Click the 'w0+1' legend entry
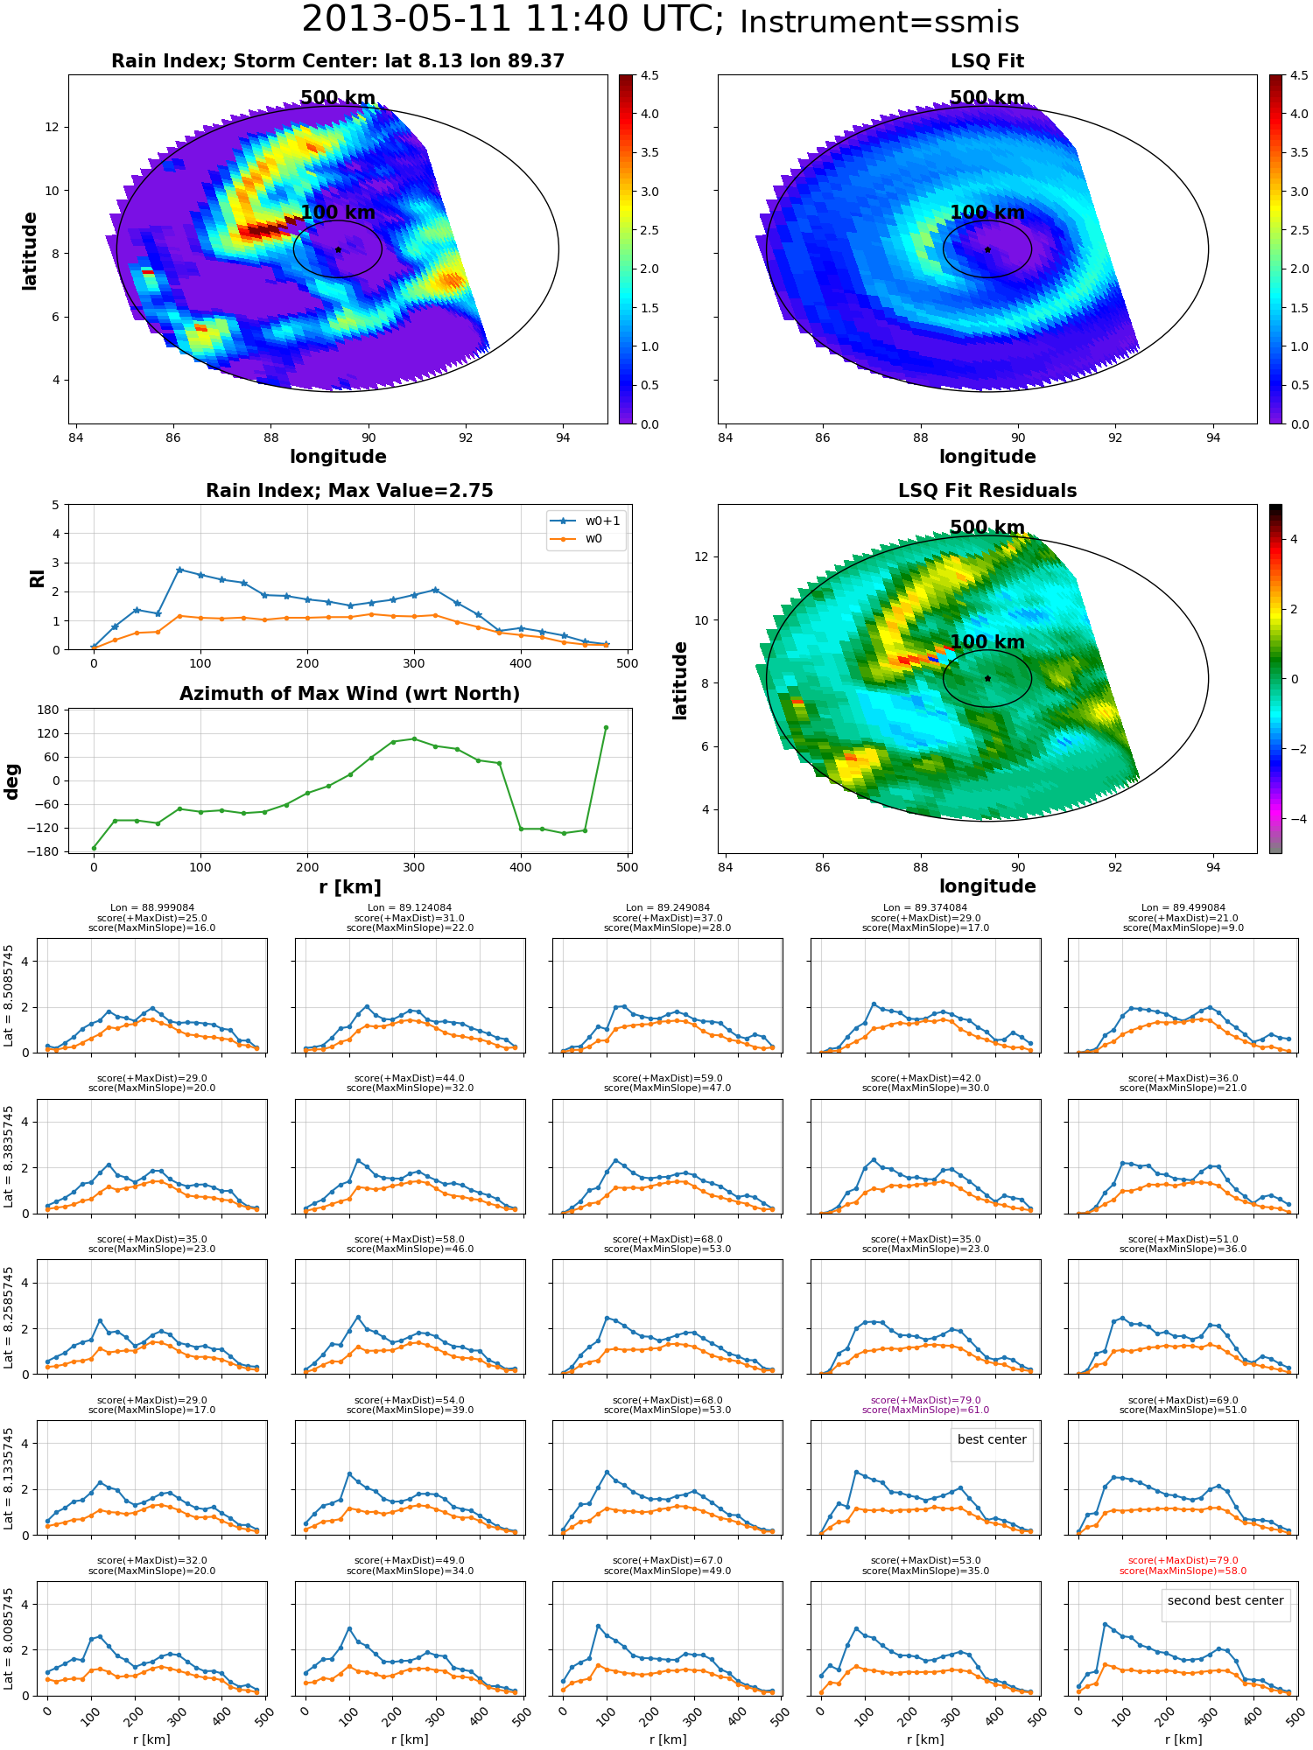point(586,521)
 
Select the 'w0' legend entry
point(577,538)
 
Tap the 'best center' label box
point(992,1439)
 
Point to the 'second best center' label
point(1225,1600)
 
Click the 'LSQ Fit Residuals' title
point(987,491)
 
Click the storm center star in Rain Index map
point(338,249)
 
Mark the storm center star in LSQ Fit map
point(987,249)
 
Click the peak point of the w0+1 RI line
point(179,570)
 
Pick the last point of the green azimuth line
point(606,727)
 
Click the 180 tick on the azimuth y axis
point(49,710)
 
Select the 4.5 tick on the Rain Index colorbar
point(649,75)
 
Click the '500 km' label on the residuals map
point(987,528)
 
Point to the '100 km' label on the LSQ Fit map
point(987,213)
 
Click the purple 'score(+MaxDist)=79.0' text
point(925,1400)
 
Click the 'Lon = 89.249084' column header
point(667,907)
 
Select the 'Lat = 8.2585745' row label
point(9,1317)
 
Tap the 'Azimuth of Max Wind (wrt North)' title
point(349,694)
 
